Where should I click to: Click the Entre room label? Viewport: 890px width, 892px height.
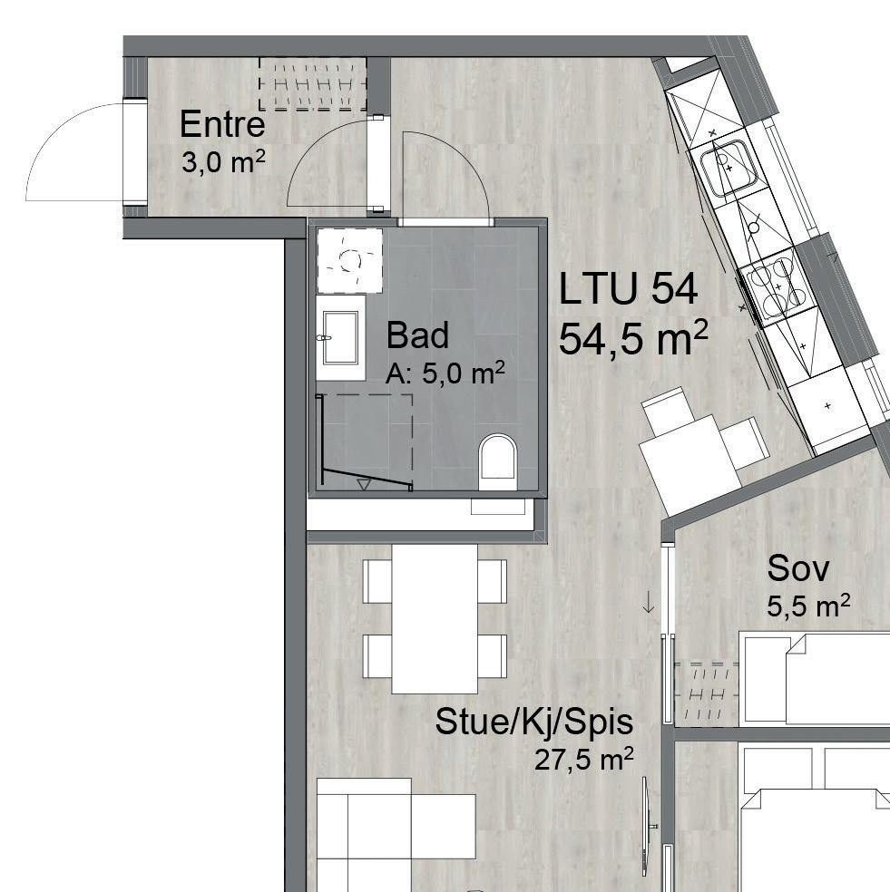[222, 124]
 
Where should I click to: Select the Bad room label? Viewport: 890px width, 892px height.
[417, 335]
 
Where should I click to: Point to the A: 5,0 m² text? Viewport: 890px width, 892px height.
[445, 373]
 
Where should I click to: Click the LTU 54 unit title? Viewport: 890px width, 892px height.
[628, 290]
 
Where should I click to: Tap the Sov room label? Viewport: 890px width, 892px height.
[798, 568]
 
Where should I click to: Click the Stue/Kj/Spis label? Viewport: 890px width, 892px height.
[533, 722]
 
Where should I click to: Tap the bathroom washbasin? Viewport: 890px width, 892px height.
[340, 337]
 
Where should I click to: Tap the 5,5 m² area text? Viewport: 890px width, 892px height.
[808, 606]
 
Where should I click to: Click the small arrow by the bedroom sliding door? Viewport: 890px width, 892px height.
[649, 602]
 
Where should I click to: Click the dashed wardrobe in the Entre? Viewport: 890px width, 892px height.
[313, 84]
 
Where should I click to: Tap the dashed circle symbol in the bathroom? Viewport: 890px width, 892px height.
[348, 260]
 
